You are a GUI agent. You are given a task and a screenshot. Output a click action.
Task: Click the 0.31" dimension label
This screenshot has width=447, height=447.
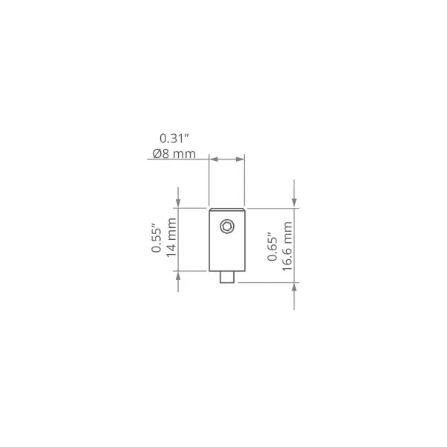(x=174, y=139)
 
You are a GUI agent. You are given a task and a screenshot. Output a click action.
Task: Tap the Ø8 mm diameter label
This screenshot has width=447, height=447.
(x=174, y=153)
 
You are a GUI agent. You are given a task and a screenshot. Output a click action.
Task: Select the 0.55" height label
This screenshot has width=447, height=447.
(x=156, y=240)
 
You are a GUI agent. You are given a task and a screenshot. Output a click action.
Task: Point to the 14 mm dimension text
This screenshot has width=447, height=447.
(x=171, y=238)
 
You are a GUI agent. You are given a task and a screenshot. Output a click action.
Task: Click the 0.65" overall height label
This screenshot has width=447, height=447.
(x=273, y=248)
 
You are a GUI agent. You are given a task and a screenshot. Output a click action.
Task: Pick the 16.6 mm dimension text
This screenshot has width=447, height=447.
(x=287, y=247)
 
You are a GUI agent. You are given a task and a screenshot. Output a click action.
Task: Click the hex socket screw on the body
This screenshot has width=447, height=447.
(x=227, y=226)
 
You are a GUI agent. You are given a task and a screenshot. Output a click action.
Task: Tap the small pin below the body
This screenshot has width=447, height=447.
(x=227, y=277)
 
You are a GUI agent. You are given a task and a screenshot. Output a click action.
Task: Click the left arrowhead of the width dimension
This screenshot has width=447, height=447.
(x=214, y=159)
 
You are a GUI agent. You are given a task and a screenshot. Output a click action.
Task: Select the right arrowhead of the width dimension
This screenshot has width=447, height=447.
(x=241, y=159)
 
